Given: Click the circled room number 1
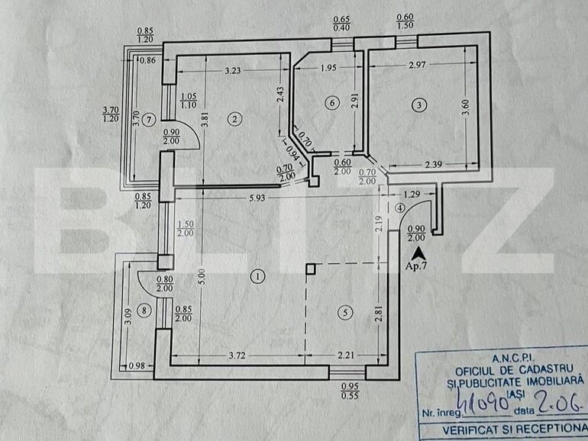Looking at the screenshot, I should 259,276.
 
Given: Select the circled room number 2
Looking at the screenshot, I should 235,117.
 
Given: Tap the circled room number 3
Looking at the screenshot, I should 418,105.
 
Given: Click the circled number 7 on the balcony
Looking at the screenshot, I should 149,118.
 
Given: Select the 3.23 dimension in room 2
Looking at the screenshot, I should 233,71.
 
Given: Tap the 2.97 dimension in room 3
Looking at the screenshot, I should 416,66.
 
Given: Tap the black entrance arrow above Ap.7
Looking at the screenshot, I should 417,252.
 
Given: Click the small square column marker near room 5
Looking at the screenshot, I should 310,268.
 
